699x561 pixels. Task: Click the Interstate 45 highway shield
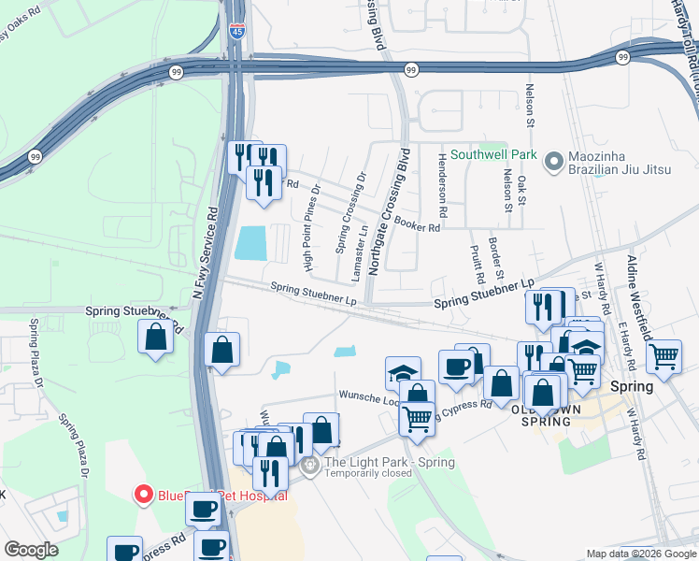coord(237,31)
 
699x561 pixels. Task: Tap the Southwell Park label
coord(492,154)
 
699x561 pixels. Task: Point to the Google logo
coord(32,550)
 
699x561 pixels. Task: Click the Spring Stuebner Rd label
coord(129,310)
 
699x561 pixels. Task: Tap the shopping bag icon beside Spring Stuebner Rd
coord(155,338)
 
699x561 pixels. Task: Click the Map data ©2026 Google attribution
coord(642,554)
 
